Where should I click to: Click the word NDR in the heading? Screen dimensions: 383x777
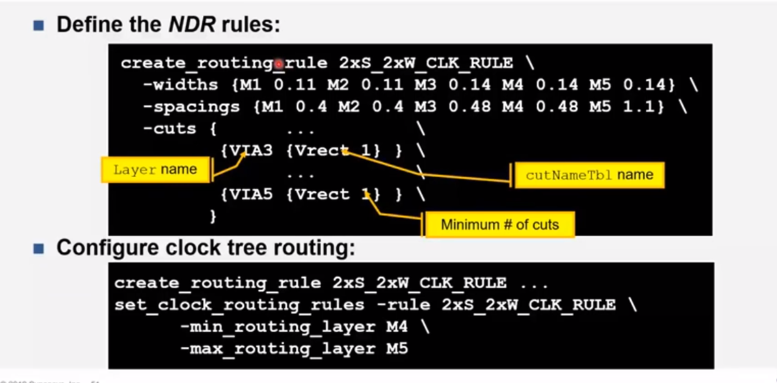click(192, 24)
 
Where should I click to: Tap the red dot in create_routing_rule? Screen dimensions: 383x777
click(279, 64)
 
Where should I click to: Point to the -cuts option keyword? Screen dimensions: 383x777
click(169, 129)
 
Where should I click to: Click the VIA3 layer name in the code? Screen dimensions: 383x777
click(251, 151)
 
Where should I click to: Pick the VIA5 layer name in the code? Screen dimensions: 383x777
click(251, 194)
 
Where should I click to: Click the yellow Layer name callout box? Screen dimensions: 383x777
click(155, 169)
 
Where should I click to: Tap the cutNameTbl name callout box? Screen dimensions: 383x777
click(589, 175)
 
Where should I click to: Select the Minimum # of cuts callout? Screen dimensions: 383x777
click(499, 224)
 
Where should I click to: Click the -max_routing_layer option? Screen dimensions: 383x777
click(277, 349)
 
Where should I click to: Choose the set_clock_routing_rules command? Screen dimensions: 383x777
click(239, 305)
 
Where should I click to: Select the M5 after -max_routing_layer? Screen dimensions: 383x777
click(397, 349)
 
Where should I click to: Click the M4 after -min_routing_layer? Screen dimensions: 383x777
click(397, 327)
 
